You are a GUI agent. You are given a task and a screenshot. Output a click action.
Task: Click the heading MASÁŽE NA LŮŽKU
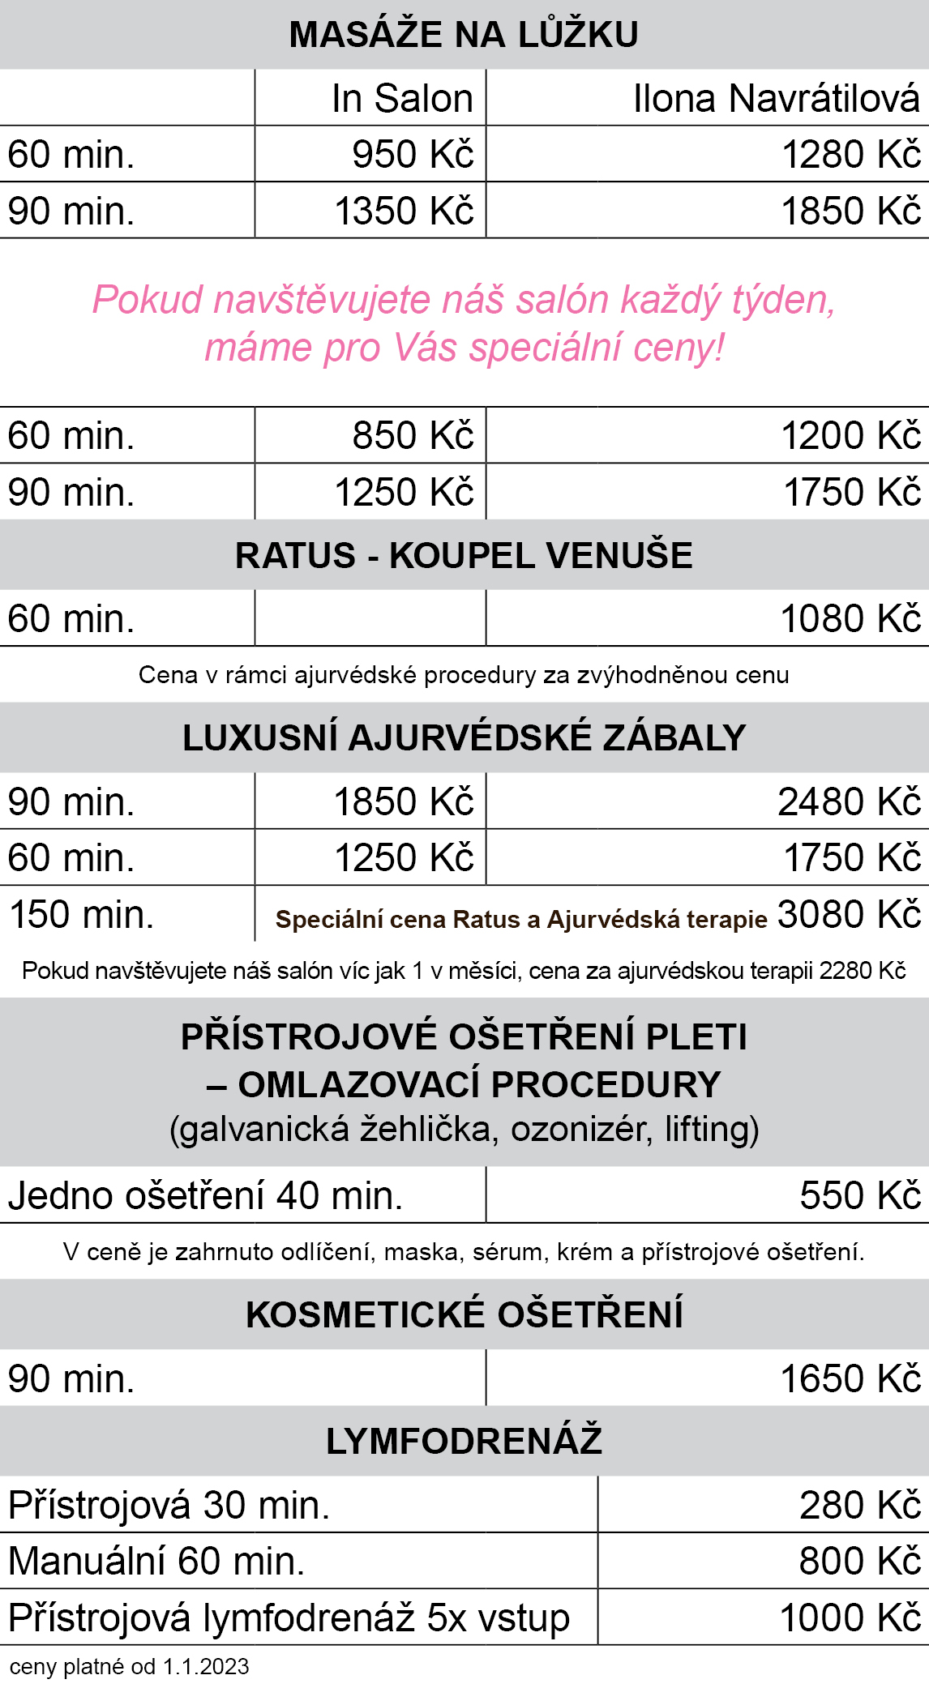(464, 35)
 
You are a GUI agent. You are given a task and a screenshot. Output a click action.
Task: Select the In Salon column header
(402, 99)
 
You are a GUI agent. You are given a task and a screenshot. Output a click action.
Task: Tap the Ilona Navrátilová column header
(776, 99)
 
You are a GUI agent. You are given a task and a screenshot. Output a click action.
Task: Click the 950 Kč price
(412, 155)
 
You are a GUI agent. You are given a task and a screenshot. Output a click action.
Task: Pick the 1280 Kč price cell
(850, 155)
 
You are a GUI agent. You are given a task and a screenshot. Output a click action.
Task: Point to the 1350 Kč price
(404, 212)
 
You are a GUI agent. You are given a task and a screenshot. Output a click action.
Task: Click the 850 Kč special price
(412, 436)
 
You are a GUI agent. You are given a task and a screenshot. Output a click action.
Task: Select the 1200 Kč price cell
(850, 436)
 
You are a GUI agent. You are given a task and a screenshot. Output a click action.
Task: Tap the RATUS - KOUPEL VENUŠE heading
(464, 556)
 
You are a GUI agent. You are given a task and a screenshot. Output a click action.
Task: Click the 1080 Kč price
(850, 619)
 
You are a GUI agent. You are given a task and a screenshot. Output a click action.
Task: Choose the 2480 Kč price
(849, 802)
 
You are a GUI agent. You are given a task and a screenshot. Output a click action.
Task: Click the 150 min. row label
(81, 915)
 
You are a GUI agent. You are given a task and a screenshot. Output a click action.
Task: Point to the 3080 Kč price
(849, 915)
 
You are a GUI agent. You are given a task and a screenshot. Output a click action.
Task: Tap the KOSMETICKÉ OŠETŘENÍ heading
(464, 1314)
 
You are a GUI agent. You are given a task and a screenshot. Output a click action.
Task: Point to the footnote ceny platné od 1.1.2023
(129, 1667)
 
